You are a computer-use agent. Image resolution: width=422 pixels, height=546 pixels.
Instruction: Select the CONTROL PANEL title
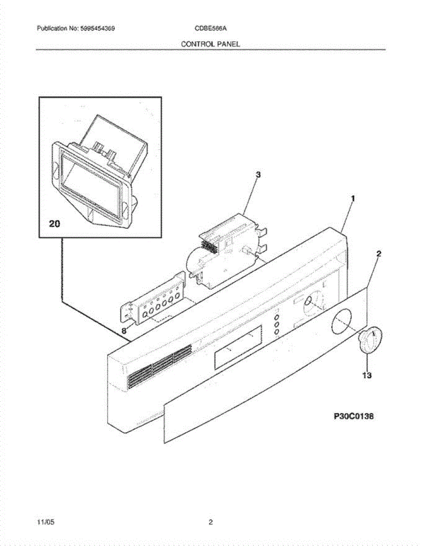(210, 44)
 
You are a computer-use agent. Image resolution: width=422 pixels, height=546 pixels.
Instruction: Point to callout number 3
(258, 174)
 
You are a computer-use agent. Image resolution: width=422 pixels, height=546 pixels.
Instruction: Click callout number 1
(352, 199)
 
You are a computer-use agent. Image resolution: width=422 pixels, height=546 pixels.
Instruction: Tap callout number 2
(379, 254)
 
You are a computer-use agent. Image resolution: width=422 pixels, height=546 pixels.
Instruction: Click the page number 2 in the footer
(211, 522)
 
